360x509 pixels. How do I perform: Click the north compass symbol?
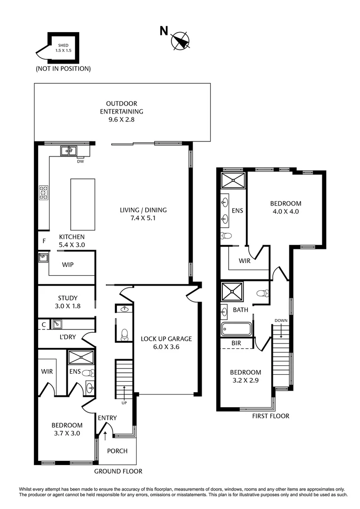tap(180, 41)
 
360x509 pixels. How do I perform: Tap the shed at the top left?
tap(63, 48)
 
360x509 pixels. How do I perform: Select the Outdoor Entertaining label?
tap(122, 112)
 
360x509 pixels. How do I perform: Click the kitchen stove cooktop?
tap(44, 192)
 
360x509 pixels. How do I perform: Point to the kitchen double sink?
tap(69, 151)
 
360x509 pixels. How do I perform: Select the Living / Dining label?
tap(143, 214)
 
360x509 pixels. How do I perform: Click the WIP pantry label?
tap(68, 265)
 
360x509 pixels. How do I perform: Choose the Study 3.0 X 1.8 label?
tap(68, 302)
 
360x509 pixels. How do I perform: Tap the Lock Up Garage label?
tap(166, 343)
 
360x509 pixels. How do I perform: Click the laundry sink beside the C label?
tap(57, 324)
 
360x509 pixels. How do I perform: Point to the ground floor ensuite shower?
tap(82, 357)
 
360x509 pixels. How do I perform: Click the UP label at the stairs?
tap(124, 403)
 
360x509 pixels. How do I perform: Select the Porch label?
tap(117, 451)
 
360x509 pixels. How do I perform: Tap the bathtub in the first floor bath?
tap(237, 328)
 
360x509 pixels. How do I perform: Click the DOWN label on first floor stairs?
tap(281, 320)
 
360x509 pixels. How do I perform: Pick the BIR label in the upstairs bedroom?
tap(236, 344)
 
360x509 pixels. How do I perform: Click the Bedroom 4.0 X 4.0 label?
tap(286, 207)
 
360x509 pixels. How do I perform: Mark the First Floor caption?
tap(270, 416)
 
